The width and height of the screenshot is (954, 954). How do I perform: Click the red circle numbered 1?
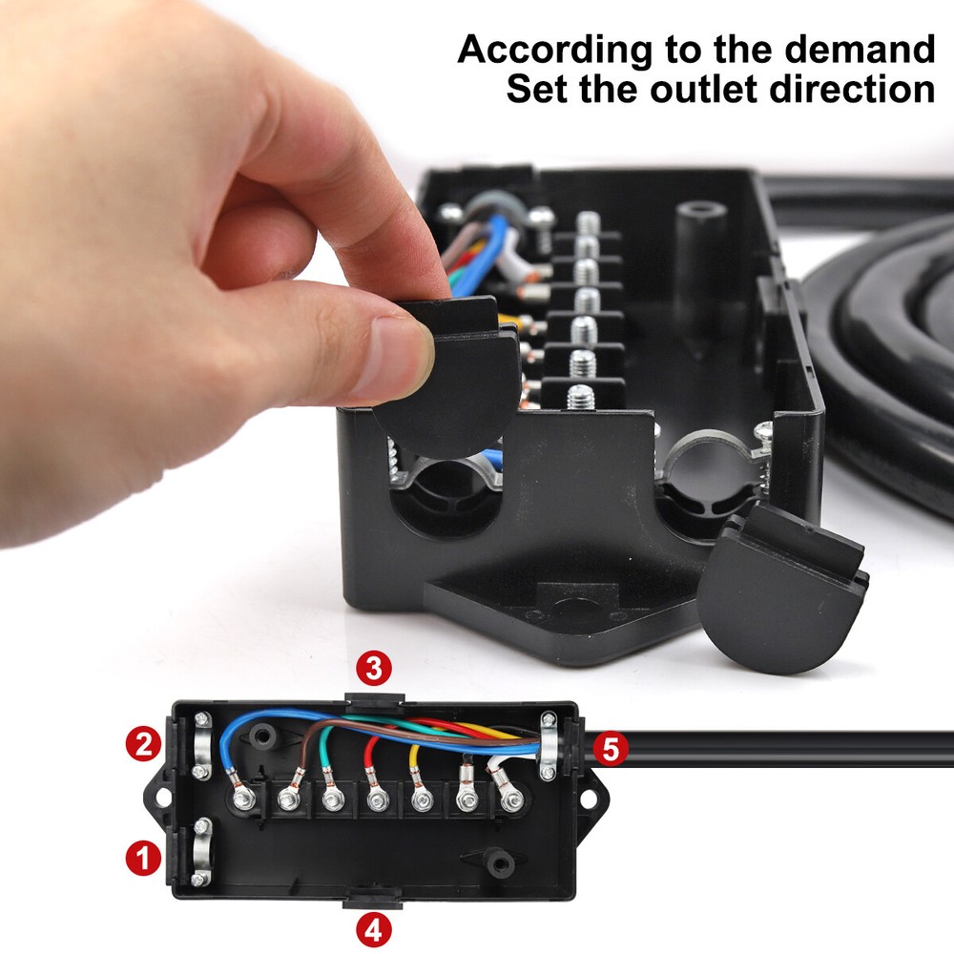(143, 859)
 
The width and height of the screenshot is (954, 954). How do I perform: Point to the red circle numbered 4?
(373, 929)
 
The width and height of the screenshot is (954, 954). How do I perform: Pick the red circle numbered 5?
(611, 750)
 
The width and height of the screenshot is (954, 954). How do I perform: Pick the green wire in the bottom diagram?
(326, 754)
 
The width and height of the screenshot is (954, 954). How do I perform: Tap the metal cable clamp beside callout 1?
(202, 849)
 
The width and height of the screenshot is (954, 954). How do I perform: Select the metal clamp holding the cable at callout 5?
(548, 746)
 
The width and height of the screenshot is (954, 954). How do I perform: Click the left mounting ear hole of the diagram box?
(158, 795)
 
